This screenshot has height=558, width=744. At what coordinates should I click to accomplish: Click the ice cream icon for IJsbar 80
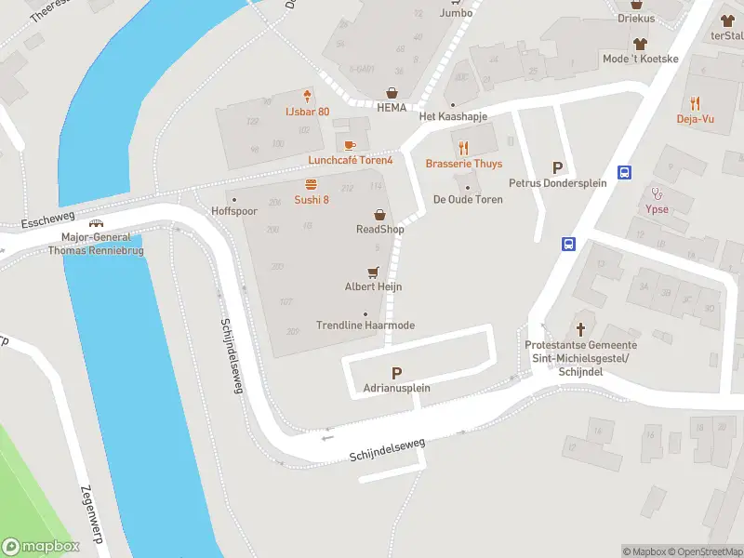[307, 96]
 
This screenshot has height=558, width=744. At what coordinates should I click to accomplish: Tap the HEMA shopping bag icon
[392, 93]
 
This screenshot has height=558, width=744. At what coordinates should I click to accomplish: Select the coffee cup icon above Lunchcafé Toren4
[350, 145]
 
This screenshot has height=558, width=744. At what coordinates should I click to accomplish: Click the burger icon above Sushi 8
[312, 184]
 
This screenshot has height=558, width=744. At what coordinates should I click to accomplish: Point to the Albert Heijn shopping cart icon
[373, 272]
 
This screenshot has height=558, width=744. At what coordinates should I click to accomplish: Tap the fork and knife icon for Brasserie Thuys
[463, 147]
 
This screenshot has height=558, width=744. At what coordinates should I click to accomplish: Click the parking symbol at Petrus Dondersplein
[558, 167]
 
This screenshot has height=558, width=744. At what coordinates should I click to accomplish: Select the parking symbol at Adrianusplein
[397, 372]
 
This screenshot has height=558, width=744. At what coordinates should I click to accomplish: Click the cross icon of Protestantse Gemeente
[581, 329]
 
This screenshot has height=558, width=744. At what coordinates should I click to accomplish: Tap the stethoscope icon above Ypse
[657, 193]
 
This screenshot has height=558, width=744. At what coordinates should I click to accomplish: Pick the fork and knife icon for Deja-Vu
[695, 103]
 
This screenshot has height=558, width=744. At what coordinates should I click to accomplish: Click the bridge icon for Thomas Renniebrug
[95, 222]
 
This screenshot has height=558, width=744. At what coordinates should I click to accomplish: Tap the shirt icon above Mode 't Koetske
[640, 44]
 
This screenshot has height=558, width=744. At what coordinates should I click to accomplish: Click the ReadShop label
[379, 229]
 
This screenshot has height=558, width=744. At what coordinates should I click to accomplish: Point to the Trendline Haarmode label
[365, 325]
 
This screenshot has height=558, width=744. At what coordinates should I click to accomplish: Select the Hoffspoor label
[233, 211]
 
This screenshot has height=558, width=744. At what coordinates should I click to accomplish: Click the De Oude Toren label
[468, 200]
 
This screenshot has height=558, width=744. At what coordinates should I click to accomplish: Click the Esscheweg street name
[46, 224]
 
